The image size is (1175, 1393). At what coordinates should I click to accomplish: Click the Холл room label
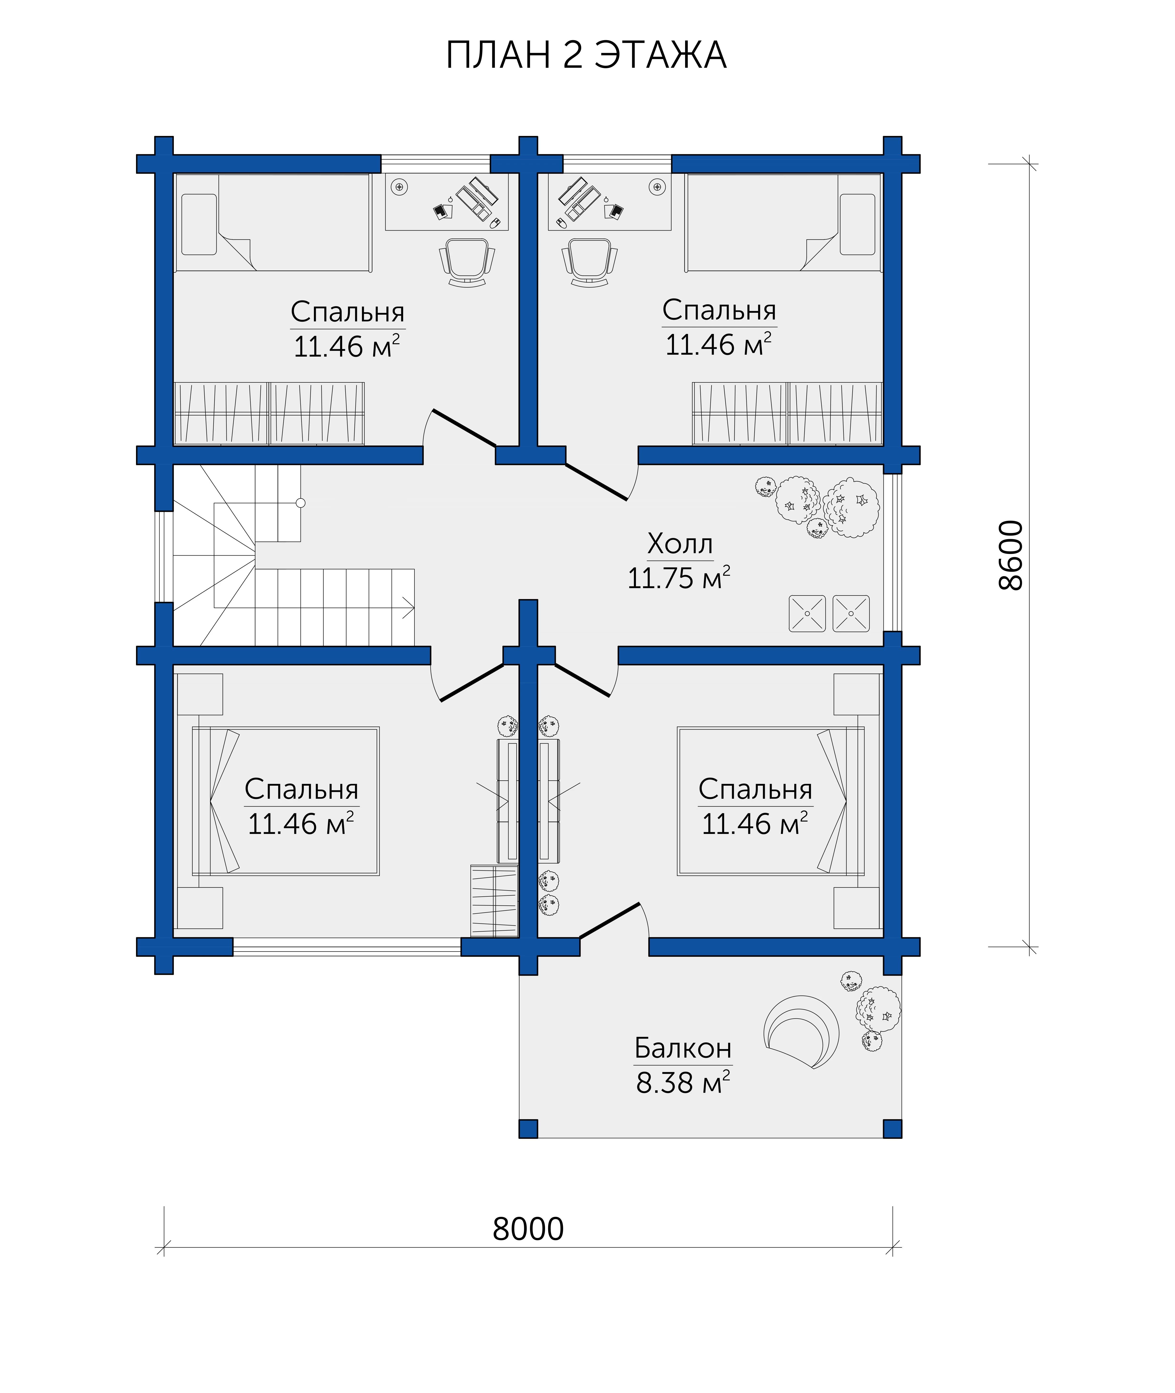pos(680,544)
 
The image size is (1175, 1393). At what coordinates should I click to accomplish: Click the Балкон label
pos(683,1048)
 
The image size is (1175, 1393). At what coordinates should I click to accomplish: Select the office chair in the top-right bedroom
pos(590,262)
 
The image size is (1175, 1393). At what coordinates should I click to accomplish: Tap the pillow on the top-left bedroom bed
pos(199,224)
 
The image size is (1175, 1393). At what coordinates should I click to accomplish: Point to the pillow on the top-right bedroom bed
pos(857,224)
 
